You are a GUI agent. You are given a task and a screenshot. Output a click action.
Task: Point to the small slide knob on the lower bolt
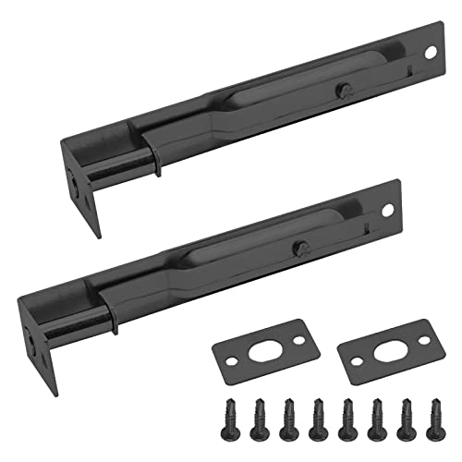click(301, 248)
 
